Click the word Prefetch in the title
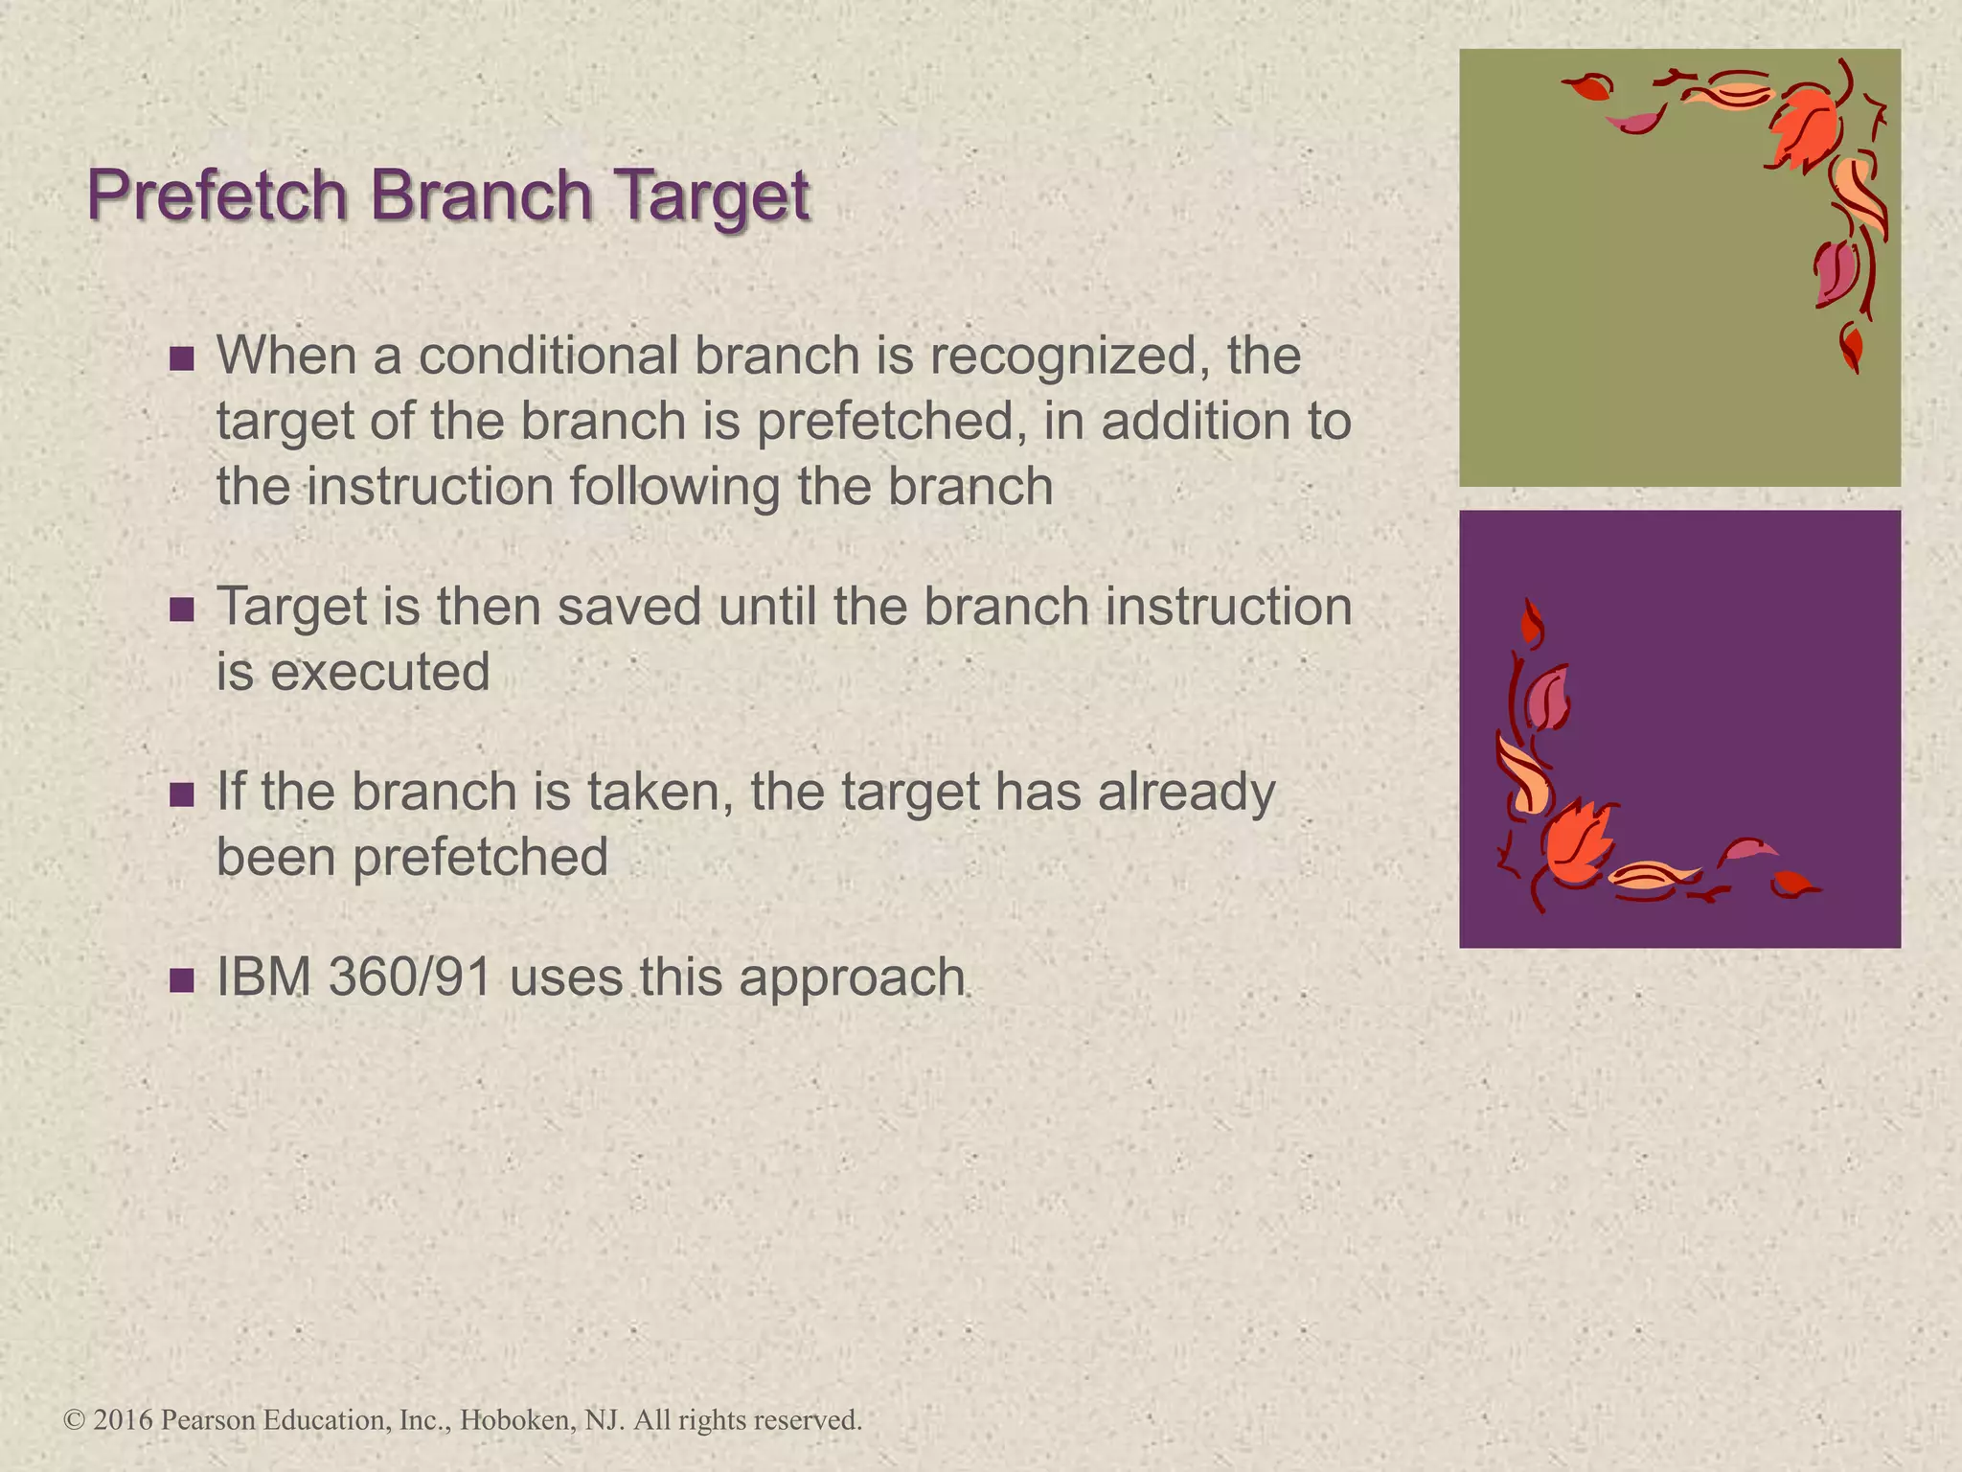[217, 195]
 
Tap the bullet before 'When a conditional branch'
[181, 358]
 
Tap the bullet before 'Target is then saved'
[181, 609]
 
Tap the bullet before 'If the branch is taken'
[181, 793]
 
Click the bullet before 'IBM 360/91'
[181, 979]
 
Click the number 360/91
[409, 977]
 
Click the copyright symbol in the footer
[75, 1419]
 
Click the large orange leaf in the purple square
[1576, 842]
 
